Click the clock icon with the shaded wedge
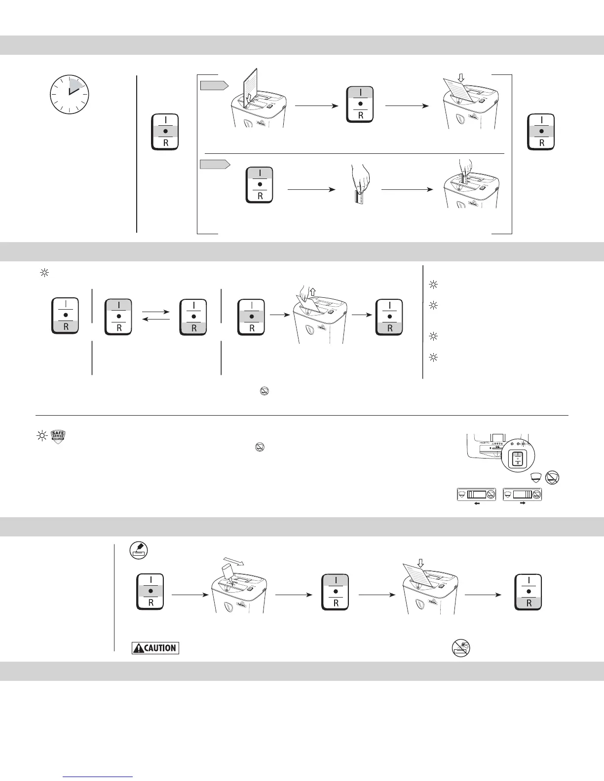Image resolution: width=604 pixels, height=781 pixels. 69,94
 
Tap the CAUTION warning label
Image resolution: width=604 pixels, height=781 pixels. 155,648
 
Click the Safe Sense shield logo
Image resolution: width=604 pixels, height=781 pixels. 59,436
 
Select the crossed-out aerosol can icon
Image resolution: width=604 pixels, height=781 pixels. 461,648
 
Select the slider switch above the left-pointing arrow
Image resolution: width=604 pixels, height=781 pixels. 475,495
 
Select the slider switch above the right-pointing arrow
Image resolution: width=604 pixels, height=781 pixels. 522,495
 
